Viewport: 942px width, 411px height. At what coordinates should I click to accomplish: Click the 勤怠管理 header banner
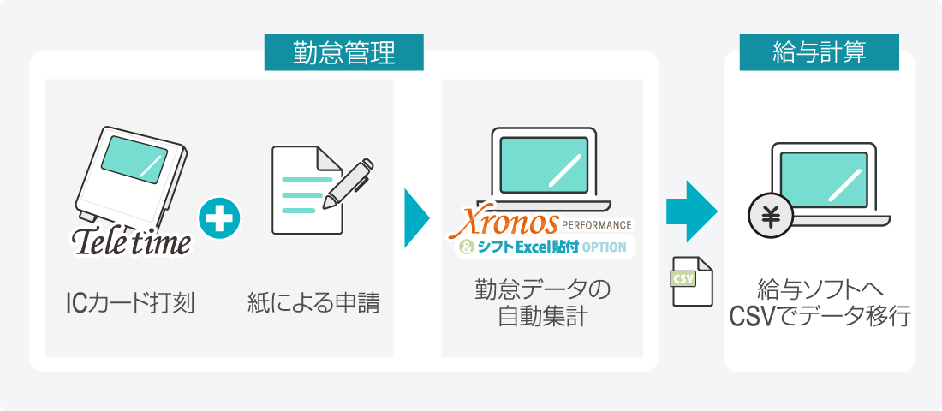coord(343,52)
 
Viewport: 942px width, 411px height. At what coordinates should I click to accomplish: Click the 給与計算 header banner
coord(819,52)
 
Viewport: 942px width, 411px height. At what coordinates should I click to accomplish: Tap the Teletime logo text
coord(132,240)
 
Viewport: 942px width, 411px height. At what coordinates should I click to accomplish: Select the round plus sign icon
coord(219,217)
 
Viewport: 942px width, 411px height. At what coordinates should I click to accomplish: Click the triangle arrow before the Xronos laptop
coord(416,217)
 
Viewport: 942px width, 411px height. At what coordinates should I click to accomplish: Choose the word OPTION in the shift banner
coord(604,247)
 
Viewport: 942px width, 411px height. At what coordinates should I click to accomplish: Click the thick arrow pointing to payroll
coord(691,211)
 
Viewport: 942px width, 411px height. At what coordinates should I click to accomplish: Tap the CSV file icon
coord(691,281)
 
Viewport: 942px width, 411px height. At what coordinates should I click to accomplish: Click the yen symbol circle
coord(771,217)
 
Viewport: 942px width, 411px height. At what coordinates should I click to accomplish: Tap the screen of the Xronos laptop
coord(544,164)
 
